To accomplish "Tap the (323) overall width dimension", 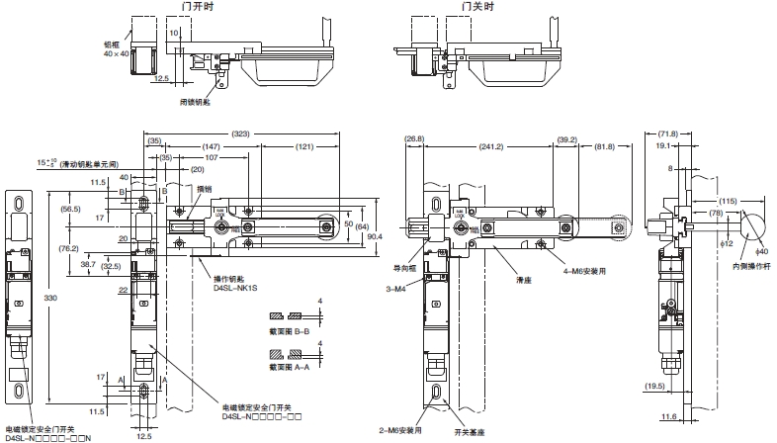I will click(x=239, y=133).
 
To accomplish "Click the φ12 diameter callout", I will click(x=726, y=242).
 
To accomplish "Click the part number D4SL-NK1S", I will click(x=235, y=289).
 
